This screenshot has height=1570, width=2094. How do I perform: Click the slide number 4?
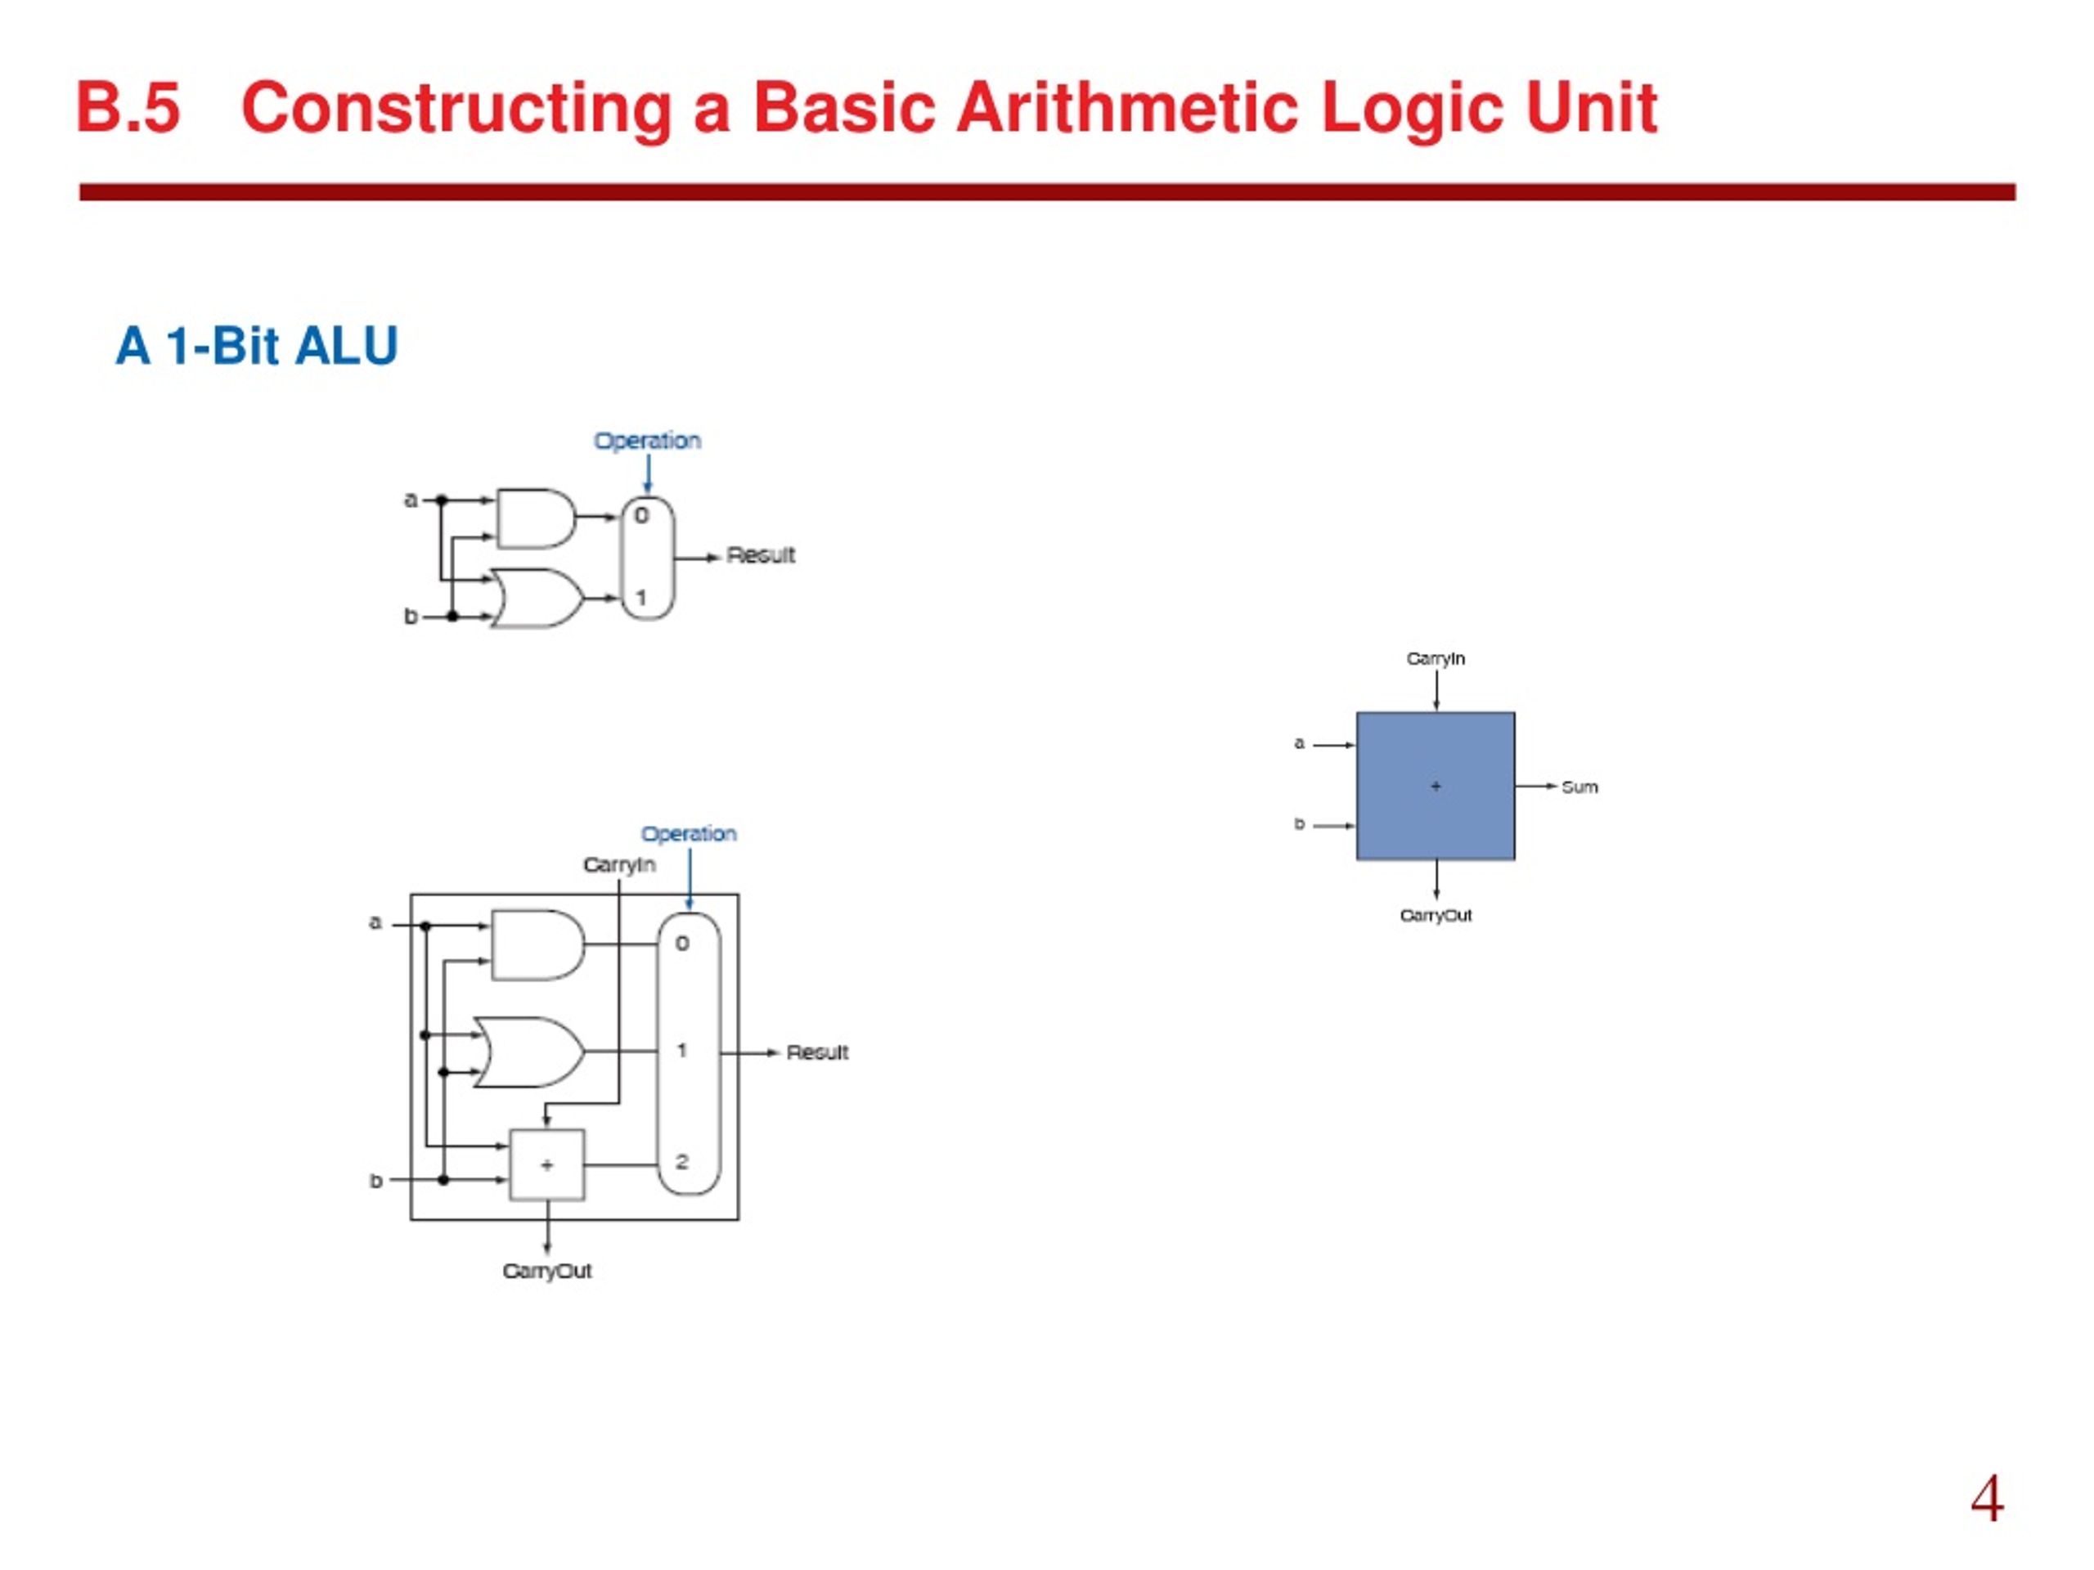pyautogui.click(x=1987, y=1498)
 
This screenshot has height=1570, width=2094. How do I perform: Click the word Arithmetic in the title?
pyautogui.click(x=1127, y=108)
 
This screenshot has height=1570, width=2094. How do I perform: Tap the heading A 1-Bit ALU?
pyautogui.click(x=257, y=345)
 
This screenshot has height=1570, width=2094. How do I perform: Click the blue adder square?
pyautogui.click(x=1436, y=786)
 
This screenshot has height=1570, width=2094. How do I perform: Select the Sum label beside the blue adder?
pyautogui.click(x=1579, y=787)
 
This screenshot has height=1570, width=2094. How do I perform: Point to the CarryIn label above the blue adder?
pyautogui.click(x=1436, y=657)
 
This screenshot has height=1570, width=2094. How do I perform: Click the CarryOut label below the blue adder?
pyautogui.click(x=1436, y=915)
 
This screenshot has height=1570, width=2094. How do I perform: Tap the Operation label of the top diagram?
pyautogui.click(x=648, y=441)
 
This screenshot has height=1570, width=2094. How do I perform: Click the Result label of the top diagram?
pyautogui.click(x=760, y=555)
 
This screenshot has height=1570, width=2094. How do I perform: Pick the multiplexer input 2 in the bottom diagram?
pyautogui.click(x=682, y=1161)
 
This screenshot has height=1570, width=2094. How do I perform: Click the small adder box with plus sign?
pyautogui.click(x=547, y=1165)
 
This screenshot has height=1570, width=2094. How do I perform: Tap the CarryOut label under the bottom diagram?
pyautogui.click(x=547, y=1271)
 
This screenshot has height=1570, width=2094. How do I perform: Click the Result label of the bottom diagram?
pyautogui.click(x=817, y=1052)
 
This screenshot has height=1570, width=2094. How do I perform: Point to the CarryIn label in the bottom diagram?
pyautogui.click(x=619, y=865)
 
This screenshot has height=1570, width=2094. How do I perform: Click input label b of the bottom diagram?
pyautogui.click(x=375, y=1181)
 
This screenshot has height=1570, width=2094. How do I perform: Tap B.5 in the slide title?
pyautogui.click(x=128, y=108)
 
